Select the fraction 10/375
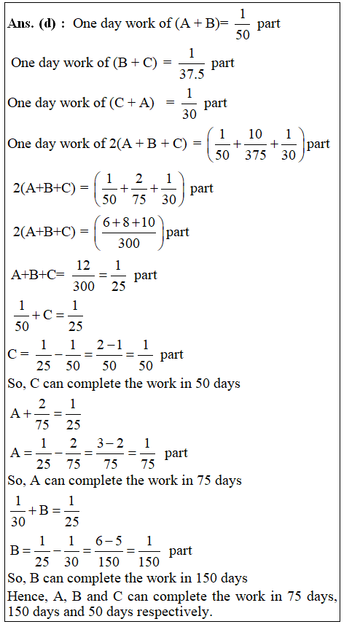pyautogui.click(x=255, y=144)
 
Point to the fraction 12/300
pyautogui.click(x=84, y=276)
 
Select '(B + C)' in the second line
pyautogui.click(x=135, y=63)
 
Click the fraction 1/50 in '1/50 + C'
pyautogui.click(x=22, y=316)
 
